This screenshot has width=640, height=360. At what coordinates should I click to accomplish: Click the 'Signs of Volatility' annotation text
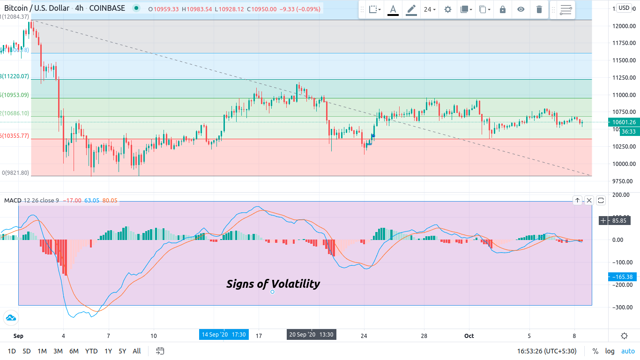(x=273, y=284)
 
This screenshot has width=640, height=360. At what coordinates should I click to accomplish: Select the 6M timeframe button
(x=74, y=351)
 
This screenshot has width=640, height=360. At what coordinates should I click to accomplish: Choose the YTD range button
(x=91, y=351)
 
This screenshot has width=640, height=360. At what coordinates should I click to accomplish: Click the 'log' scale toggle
(x=610, y=351)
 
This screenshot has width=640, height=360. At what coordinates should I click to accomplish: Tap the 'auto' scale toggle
(x=628, y=351)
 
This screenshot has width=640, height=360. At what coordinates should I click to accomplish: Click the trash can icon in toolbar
(x=539, y=9)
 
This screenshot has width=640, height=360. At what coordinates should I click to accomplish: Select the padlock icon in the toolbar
(x=503, y=9)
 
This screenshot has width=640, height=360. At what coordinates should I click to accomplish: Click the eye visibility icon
(x=521, y=9)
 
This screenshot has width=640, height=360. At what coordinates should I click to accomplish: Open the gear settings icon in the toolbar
(x=448, y=9)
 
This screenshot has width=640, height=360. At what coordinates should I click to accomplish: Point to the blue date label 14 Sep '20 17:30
(x=223, y=335)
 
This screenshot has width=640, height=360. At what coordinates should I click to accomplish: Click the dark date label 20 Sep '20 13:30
(x=311, y=335)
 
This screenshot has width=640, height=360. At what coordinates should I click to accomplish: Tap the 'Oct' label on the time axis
(x=469, y=336)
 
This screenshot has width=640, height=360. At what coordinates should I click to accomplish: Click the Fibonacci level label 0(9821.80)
(x=15, y=173)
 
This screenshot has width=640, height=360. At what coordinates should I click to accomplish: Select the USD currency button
(x=624, y=7)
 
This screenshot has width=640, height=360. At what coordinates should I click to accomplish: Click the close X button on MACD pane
(x=589, y=201)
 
